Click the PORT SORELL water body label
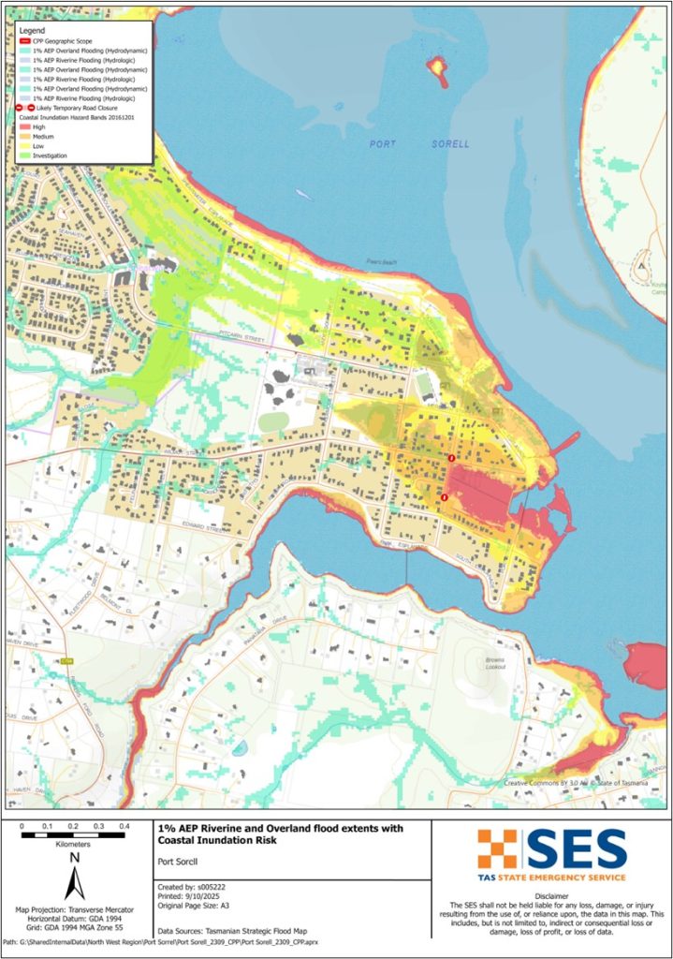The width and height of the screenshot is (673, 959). (x=401, y=144)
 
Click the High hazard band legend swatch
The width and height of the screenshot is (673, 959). (x=23, y=125)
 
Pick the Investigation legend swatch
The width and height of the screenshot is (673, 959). (x=23, y=155)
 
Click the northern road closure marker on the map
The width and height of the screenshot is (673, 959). (x=452, y=457)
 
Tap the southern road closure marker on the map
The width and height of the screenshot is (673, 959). (x=444, y=497)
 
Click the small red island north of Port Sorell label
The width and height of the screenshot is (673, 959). (x=436, y=66)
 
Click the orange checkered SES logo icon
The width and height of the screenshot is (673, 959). (x=496, y=848)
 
